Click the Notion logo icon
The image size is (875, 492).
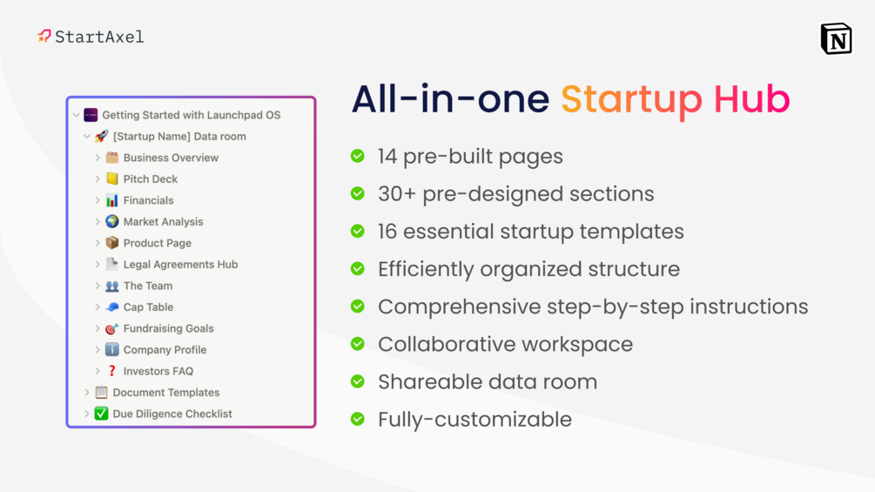(x=836, y=38)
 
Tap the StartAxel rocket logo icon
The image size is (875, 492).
(x=44, y=37)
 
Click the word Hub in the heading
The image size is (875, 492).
(x=751, y=99)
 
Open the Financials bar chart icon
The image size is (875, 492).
(x=112, y=200)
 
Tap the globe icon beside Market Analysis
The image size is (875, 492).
(x=112, y=221)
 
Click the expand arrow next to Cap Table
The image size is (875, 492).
(x=98, y=307)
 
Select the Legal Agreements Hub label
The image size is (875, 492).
(x=180, y=265)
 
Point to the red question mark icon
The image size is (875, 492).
(x=112, y=371)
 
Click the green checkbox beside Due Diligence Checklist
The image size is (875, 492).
(x=101, y=414)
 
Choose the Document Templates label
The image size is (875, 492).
(x=165, y=392)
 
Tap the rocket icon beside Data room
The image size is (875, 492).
(x=101, y=136)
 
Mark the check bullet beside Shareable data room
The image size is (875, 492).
(x=358, y=381)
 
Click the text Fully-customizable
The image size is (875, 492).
(x=475, y=420)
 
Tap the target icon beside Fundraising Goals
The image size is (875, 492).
(x=112, y=328)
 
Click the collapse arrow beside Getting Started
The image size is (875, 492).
(x=77, y=115)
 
